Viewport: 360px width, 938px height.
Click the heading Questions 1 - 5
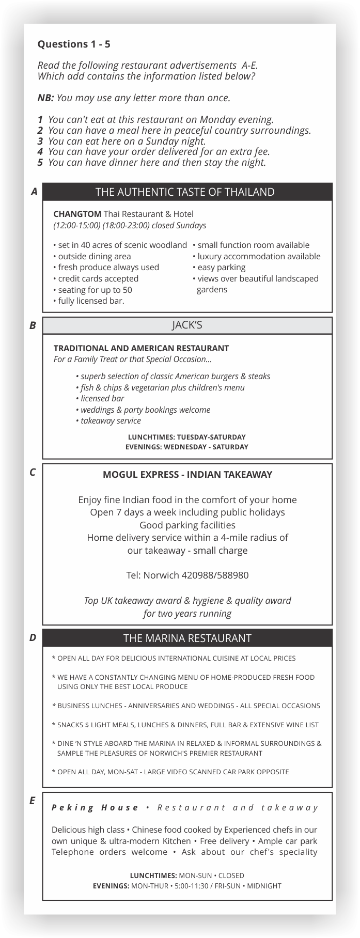(x=74, y=44)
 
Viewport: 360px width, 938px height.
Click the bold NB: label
(x=46, y=98)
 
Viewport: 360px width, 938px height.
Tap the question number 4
(x=40, y=152)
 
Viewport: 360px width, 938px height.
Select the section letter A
(x=34, y=192)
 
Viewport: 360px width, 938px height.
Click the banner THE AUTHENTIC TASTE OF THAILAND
(x=185, y=192)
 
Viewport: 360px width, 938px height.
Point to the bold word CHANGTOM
(x=77, y=214)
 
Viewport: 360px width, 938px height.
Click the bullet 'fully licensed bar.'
(x=91, y=301)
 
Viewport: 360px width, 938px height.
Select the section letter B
(x=33, y=325)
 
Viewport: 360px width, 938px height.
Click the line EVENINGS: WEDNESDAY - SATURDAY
(x=187, y=447)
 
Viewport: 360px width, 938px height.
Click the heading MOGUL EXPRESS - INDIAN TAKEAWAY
(x=187, y=474)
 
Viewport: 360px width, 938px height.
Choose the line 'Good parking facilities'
(x=187, y=525)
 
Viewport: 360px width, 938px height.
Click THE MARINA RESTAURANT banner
(x=187, y=638)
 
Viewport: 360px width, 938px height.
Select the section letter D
(x=33, y=638)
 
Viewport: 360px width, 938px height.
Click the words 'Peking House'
(x=95, y=807)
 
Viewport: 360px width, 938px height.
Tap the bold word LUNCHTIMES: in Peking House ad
(x=153, y=876)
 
